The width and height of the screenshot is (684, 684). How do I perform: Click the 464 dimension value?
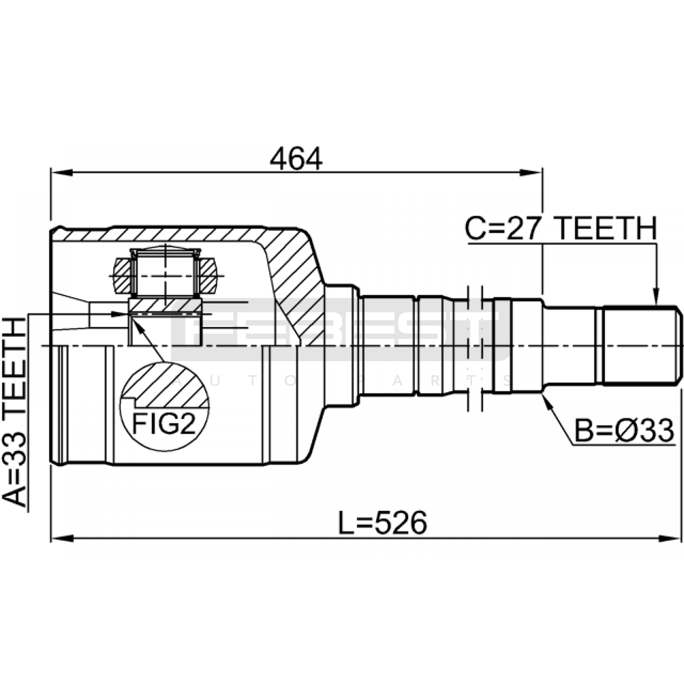(296, 159)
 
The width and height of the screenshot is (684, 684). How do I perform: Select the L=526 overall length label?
(383, 522)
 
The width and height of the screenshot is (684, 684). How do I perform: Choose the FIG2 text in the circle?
(164, 424)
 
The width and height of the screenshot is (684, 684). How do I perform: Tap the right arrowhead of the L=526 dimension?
(670, 538)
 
